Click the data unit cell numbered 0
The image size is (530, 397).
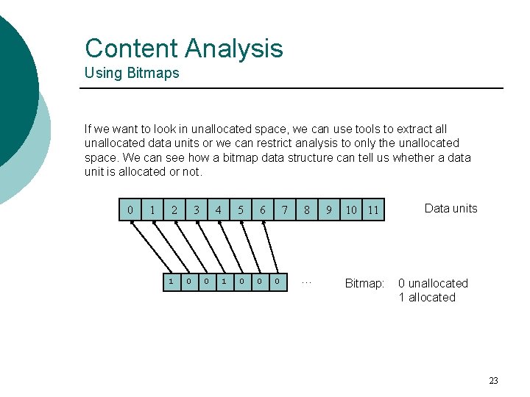coord(130,210)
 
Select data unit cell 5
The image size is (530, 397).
coord(241,210)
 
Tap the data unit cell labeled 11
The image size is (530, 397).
coord(373,210)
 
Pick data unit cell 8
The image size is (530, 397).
coord(307,210)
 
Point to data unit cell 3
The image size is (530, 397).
coord(197,210)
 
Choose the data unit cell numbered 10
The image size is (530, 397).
coord(351,210)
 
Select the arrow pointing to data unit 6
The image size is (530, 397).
coord(269,246)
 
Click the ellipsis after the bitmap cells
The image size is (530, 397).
coord(307,282)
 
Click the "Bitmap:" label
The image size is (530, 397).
coord(365,283)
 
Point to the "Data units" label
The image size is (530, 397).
coord(451,208)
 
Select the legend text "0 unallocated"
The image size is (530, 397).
coord(433,283)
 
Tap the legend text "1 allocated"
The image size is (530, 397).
coord(427,297)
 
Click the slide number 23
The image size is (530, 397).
coord(493,380)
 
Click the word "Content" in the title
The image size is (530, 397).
coord(132,49)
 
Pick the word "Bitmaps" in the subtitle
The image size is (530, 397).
coord(154,73)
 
